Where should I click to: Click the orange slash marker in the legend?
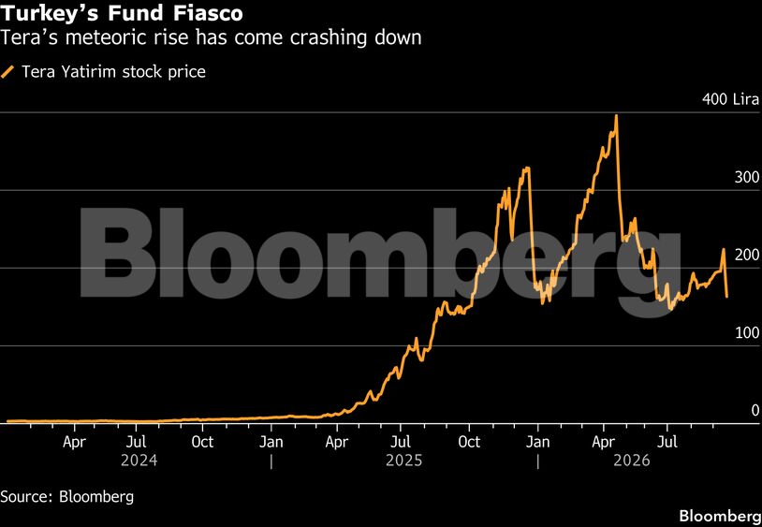point(7,72)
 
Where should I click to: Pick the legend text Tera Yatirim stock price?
point(113,72)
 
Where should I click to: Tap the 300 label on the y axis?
point(747,177)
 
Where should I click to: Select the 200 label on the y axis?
point(747,255)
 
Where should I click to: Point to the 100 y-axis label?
point(747,332)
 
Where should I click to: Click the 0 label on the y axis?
point(755,410)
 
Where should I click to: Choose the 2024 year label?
point(139,460)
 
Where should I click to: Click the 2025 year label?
point(404,460)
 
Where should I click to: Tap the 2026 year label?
point(632,460)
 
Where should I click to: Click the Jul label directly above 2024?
point(136,442)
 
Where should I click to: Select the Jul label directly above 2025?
point(400,442)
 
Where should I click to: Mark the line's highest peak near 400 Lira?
point(616,115)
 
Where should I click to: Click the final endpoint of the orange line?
point(727,297)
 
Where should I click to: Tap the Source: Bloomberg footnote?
point(67,497)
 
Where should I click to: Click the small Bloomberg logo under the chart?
point(720,516)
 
